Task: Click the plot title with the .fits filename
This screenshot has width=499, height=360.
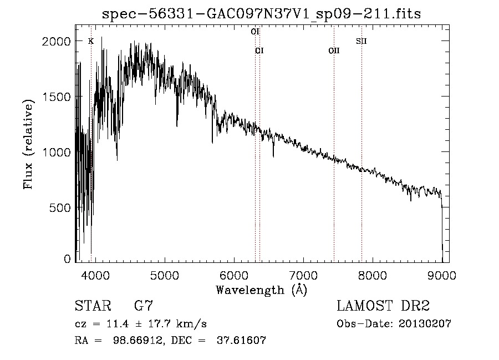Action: point(262,15)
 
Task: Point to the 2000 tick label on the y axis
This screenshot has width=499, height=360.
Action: point(57,42)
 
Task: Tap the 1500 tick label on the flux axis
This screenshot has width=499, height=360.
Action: point(57,97)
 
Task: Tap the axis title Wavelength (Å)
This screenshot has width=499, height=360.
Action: point(261,290)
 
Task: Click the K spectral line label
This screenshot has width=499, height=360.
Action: point(91,41)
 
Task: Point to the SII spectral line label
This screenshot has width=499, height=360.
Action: point(361,41)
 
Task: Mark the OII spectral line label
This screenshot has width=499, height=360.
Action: point(334,51)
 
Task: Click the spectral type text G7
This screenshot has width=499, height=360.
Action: point(144,306)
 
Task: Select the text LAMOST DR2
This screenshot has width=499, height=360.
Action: point(383,306)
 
